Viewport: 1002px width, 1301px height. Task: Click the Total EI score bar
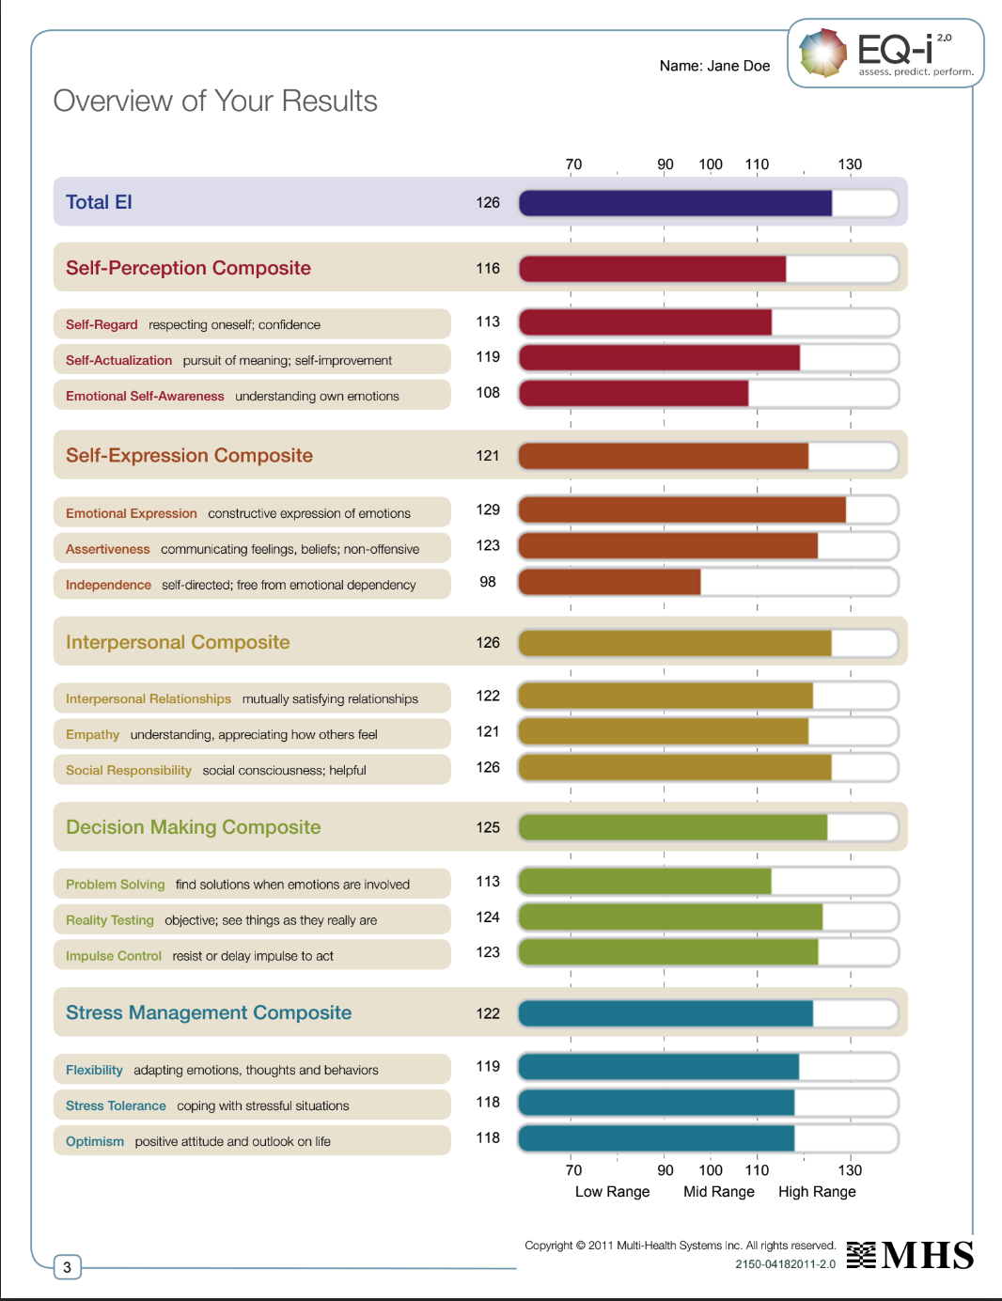click(675, 203)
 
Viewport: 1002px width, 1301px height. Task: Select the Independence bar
click(609, 582)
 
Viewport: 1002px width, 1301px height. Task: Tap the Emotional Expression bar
click(682, 510)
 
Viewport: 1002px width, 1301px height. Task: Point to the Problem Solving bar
click(645, 882)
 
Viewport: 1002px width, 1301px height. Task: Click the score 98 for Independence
click(488, 582)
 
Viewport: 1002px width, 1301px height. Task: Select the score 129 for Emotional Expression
click(488, 510)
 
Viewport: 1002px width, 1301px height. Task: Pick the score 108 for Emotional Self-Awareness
click(488, 393)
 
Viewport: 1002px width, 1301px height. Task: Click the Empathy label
click(93, 734)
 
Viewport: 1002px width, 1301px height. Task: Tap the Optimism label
click(95, 1141)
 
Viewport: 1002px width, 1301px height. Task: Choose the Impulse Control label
click(114, 956)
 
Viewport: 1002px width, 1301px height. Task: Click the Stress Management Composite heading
click(209, 1012)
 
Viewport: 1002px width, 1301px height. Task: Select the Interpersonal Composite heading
click(178, 642)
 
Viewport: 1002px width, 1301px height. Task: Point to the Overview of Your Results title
click(215, 101)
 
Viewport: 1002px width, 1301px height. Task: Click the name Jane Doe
click(739, 66)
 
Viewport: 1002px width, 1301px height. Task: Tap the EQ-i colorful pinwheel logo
click(823, 53)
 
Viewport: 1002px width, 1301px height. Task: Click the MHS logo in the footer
click(910, 1255)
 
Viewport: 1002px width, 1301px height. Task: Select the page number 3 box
click(67, 1267)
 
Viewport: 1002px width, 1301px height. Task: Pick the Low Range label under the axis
click(612, 1191)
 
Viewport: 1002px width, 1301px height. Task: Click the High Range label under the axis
click(817, 1191)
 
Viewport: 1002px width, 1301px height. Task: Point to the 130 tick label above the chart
click(850, 165)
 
